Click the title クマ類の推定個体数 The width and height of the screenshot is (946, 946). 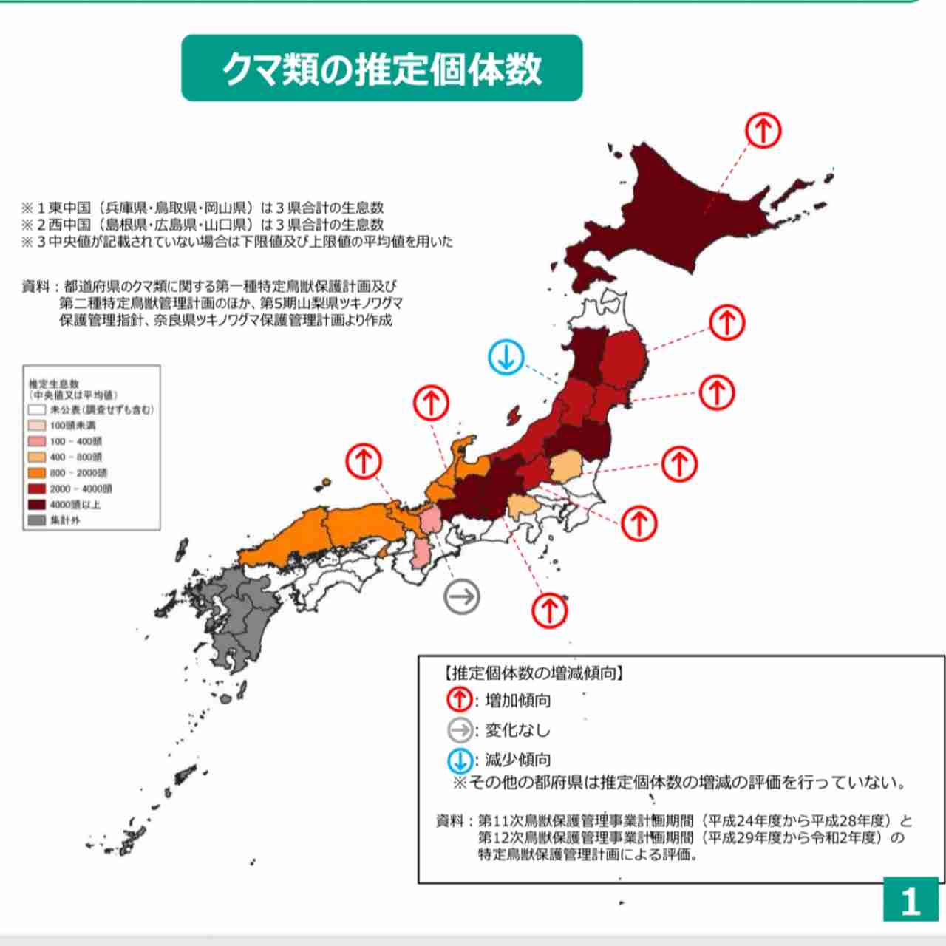[381, 69]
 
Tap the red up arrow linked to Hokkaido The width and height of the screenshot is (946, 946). [763, 131]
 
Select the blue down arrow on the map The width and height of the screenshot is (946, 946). [506, 358]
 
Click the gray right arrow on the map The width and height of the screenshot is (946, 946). [462, 596]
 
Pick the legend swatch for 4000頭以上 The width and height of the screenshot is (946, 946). [37, 505]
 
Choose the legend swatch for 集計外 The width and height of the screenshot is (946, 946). [37, 520]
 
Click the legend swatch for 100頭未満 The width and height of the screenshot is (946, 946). [37, 426]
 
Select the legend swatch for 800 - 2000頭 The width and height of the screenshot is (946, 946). [37, 473]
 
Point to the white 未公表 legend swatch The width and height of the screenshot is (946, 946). [37, 409]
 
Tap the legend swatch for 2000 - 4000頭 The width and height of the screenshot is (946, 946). [37, 489]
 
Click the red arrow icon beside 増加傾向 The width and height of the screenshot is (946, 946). [460, 699]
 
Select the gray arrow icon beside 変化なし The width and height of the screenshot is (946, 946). [460, 730]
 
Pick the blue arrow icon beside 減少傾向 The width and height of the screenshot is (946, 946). [460, 760]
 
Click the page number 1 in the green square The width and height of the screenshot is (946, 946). [911, 900]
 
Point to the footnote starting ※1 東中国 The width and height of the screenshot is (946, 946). [203, 208]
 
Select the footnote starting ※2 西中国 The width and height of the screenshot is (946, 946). [203, 224]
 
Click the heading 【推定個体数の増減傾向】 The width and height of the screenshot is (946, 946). [533, 673]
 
